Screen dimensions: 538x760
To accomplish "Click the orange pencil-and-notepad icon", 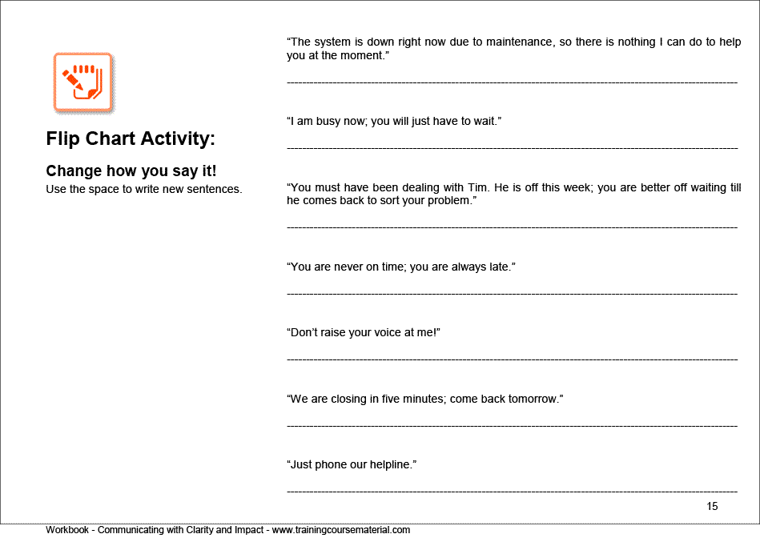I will tap(82, 82).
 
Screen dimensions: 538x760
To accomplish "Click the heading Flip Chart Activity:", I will tap(131, 139).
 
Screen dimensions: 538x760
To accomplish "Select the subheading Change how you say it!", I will tap(131, 171).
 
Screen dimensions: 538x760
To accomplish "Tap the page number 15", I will tap(713, 506).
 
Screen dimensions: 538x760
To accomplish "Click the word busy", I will tap(328, 121).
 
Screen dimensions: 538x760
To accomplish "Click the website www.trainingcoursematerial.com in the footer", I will tap(341, 530).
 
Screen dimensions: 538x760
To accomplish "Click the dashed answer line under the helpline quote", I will tap(512, 491).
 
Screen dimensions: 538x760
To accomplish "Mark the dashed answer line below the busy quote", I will tap(512, 148).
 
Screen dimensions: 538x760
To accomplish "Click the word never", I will tap(346, 267).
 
